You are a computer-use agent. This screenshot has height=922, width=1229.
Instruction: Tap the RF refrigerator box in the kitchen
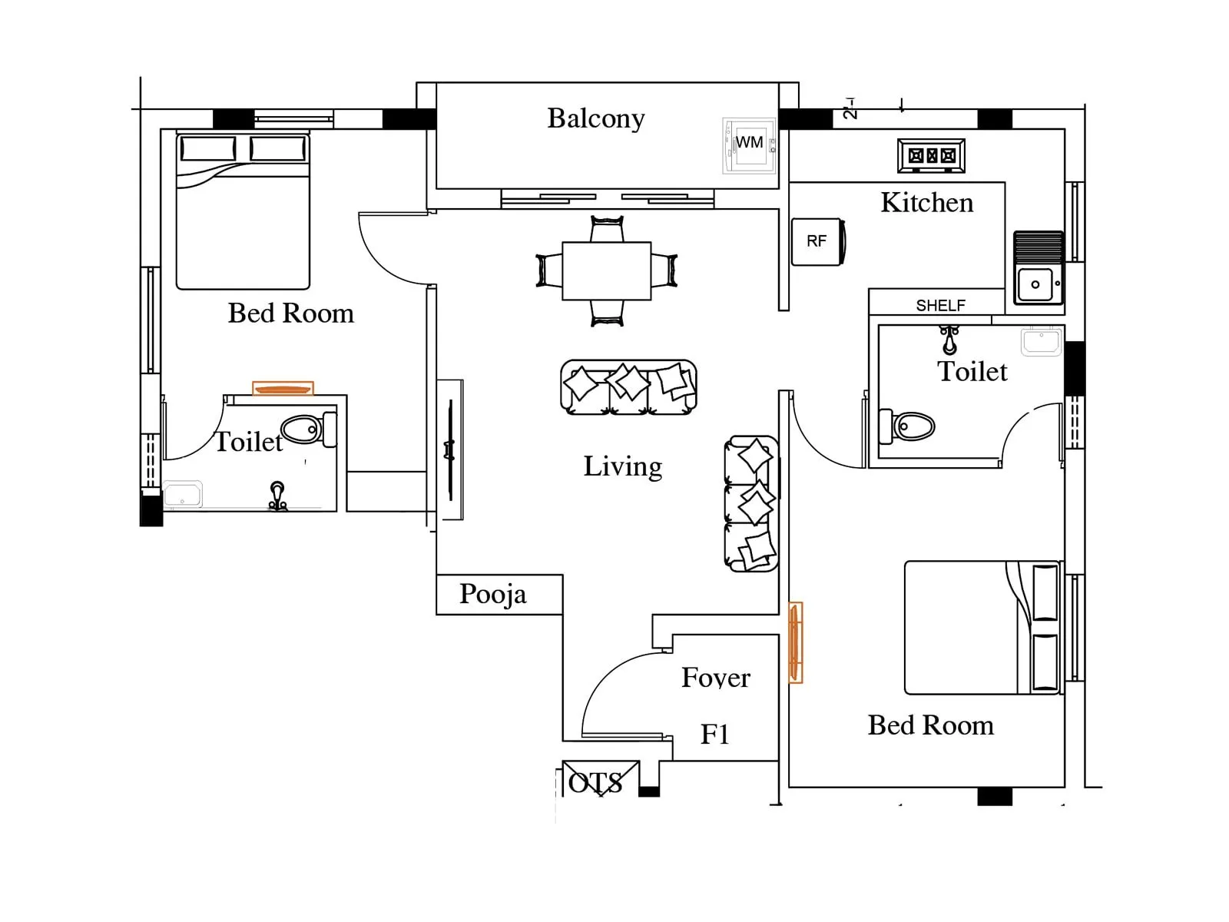pos(817,241)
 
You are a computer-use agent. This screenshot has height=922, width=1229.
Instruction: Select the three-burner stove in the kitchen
pos(931,156)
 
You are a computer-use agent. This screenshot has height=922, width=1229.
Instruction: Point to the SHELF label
pos(940,305)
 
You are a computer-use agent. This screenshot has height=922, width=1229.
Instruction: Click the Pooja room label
pos(493,594)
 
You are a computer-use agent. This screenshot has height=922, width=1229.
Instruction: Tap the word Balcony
pos(595,118)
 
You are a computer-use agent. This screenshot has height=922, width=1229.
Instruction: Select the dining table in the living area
pos(607,271)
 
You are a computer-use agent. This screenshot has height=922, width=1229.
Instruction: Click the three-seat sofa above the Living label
pos(628,386)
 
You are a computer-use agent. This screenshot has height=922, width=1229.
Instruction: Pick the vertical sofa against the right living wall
pos(751,504)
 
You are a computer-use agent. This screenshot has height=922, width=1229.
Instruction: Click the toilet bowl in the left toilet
pos(304,429)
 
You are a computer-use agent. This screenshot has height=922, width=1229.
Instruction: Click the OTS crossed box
pos(600,779)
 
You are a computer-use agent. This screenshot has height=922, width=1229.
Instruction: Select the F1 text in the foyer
pos(714,735)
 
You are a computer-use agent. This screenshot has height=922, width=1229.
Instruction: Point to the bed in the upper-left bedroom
pos(243,211)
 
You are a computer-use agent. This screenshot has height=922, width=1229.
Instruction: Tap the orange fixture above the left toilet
pos(283,389)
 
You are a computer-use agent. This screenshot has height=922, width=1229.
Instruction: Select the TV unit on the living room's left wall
pos(450,450)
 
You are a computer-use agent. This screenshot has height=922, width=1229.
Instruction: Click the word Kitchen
pos(926,203)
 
